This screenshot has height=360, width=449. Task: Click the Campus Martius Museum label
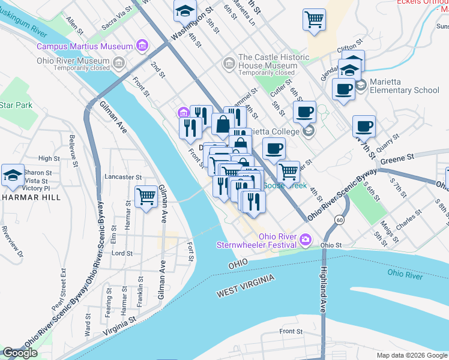[84, 46]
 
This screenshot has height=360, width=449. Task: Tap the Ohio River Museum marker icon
[119, 63]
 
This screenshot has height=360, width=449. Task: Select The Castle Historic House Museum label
[274, 61]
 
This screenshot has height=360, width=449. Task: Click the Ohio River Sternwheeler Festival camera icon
[305, 241]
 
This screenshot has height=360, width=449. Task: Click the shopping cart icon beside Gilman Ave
[146, 196]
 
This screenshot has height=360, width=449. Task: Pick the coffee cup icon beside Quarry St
[364, 127]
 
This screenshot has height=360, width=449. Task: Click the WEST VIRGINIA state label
[246, 286]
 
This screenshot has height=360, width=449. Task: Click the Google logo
[20, 353]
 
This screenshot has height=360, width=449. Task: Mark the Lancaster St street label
[122, 178]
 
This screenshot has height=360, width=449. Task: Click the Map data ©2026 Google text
[411, 355]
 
